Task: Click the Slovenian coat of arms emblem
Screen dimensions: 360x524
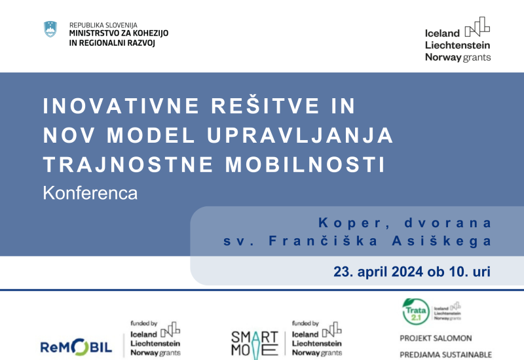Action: tap(50, 29)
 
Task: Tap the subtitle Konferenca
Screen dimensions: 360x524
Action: tap(90, 193)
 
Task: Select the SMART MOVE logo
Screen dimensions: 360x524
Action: tap(255, 342)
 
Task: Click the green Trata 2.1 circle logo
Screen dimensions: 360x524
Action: tap(414, 310)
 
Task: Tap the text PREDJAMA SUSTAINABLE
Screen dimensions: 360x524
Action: tap(445, 355)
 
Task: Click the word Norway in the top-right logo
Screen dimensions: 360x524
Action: tap(443, 58)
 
